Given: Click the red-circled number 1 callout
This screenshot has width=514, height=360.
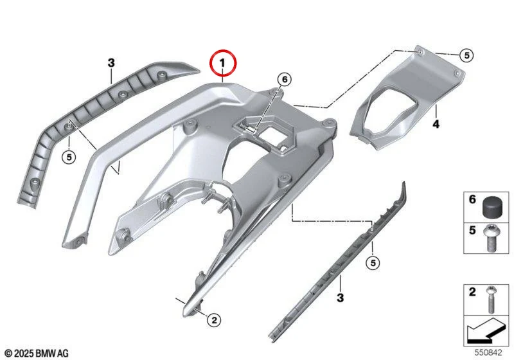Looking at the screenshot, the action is (223, 62).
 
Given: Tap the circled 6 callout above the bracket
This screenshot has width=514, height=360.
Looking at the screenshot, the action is (284, 79).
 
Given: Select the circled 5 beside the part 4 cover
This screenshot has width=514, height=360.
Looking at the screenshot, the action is (466, 55).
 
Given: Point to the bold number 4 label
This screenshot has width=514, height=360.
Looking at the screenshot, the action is (436, 124).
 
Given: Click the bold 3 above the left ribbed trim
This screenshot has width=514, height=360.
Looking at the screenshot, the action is (111, 62).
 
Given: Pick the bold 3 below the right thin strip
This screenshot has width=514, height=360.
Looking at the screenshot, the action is (341, 298).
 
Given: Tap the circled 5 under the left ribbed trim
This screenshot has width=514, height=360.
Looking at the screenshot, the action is (69, 157).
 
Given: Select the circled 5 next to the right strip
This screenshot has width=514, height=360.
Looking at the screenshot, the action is (373, 262).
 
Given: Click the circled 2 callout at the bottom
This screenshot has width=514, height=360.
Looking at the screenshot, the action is (214, 319).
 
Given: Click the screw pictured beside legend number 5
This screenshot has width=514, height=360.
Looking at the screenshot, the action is (490, 239).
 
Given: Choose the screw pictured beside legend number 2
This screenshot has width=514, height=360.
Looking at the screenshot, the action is (491, 300).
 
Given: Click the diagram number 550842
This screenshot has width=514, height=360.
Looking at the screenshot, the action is (488, 352).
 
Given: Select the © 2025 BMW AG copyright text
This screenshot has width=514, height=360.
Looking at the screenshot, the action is (37, 354).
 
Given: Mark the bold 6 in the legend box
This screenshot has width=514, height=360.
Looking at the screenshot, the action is (472, 199).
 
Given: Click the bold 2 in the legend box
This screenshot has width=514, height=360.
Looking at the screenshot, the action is (472, 292).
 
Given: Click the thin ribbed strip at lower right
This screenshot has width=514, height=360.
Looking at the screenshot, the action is (338, 262).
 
